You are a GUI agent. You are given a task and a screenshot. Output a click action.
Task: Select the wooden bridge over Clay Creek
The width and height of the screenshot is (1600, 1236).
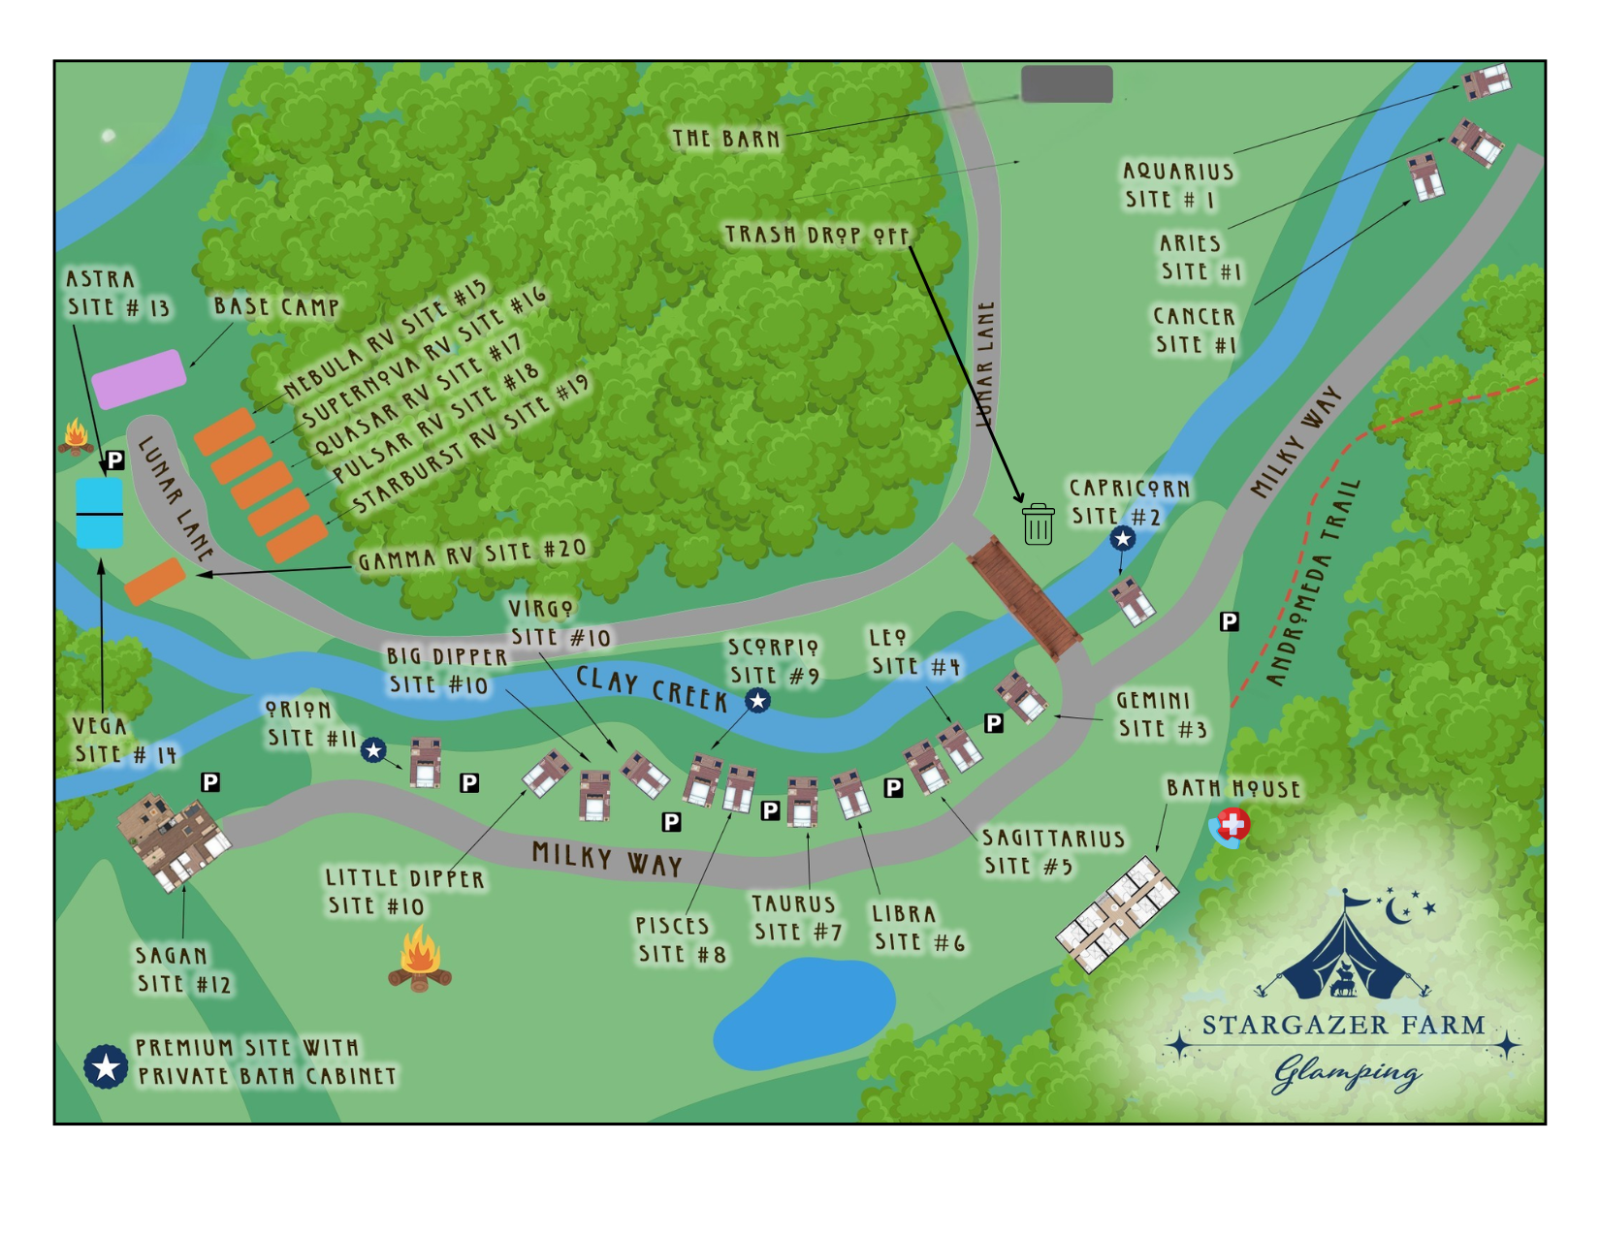pyautogui.click(x=1024, y=599)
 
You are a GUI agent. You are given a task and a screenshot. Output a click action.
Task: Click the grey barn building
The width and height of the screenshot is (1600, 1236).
pyautogui.click(x=1067, y=84)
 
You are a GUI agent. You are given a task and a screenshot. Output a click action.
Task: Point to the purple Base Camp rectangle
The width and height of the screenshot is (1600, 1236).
pyautogui.click(x=139, y=379)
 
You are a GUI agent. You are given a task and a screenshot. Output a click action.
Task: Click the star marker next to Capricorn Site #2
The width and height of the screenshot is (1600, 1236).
pyautogui.click(x=1122, y=538)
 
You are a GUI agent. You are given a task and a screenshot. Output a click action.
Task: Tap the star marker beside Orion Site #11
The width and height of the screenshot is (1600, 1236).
pyautogui.click(x=373, y=749)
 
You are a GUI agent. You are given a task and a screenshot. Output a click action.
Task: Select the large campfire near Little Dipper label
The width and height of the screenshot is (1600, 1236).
pyautogui.click(x=420, y=960)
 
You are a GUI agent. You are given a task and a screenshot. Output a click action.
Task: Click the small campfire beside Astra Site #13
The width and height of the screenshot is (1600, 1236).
pyautogui.click(x=76, y=437)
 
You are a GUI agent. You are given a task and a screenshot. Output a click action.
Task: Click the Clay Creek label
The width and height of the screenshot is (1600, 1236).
pyautogui.click(x=652, y=688)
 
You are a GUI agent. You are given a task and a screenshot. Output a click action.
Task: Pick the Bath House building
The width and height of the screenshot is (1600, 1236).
pyautogui.click(x=1117, y=913)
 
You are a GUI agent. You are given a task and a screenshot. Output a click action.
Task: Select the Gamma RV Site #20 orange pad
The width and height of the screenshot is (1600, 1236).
pyautogui.click(x=155, y=581)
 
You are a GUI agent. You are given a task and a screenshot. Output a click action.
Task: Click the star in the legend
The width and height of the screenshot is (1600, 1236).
pyautogui.click(x=106, y=1066)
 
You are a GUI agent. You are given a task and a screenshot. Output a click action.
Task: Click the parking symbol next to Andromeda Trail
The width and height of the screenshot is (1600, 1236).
pyautogui.click(x=1229, y=621)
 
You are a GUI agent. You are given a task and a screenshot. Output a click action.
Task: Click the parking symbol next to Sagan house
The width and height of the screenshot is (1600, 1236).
pyautogui.click(x=209, y=782)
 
